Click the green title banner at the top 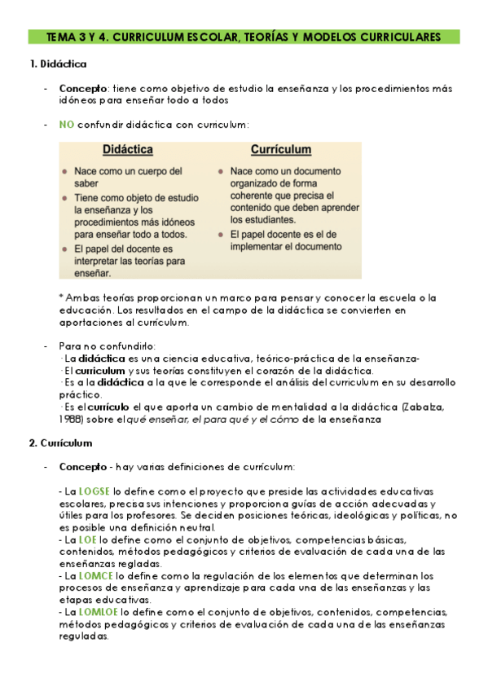click(243, 37)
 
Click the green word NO click(67, 124)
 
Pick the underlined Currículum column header click(280, 151)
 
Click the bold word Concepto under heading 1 click(82, 88)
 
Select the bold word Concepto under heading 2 click(82, 467)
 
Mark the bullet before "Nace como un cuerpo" click(65, 173)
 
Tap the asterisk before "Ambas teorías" click(61, 297)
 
